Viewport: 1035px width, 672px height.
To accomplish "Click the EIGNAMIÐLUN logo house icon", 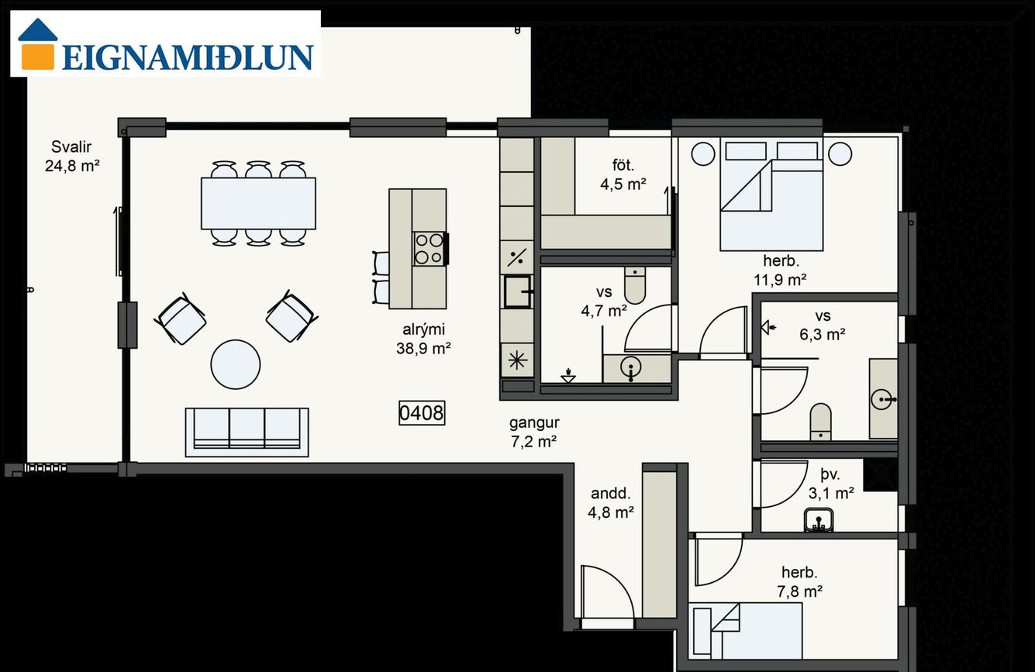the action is coord(37,44).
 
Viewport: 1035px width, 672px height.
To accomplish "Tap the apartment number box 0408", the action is coord(422,412).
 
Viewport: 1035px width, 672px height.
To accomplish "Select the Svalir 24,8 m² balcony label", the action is coord(72,156).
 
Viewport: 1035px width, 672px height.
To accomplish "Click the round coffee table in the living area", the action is coord(235,364).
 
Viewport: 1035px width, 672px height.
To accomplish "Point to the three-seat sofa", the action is coord(247,432).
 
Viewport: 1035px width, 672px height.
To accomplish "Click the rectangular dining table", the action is coord(258,203).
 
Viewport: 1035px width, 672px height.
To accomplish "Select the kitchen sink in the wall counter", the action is coord(517,291).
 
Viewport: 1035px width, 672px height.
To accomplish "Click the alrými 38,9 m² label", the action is coord(423,339).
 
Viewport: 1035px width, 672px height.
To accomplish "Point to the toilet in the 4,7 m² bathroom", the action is coord(635,284).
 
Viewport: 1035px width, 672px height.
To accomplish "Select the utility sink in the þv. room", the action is coord(819,519).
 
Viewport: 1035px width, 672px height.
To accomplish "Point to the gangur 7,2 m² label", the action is coord(534,432).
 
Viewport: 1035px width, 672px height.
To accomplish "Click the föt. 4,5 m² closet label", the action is coord(623,174).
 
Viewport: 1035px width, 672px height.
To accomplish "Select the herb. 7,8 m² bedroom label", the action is coord(799,581).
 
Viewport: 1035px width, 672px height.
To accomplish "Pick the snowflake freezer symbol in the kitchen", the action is coord(517,360).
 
